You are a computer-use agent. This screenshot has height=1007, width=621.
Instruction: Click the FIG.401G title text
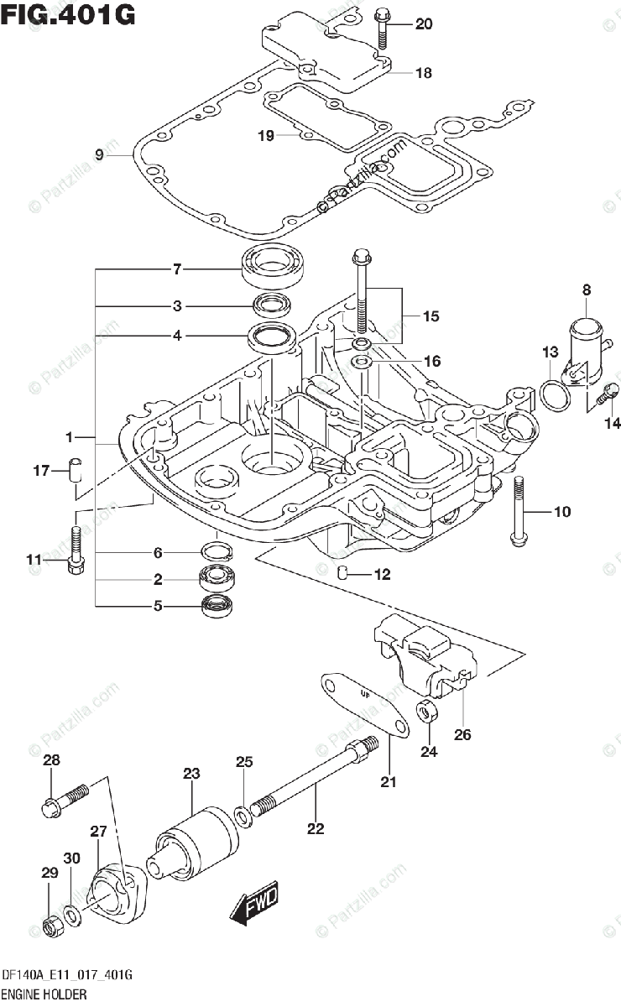69,15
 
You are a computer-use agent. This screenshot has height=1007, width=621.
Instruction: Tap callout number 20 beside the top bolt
424,24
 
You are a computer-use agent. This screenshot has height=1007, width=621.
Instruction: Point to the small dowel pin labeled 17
76,470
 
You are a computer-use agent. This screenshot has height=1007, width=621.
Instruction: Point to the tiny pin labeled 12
342,573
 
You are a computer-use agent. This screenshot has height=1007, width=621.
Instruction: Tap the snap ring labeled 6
216,551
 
